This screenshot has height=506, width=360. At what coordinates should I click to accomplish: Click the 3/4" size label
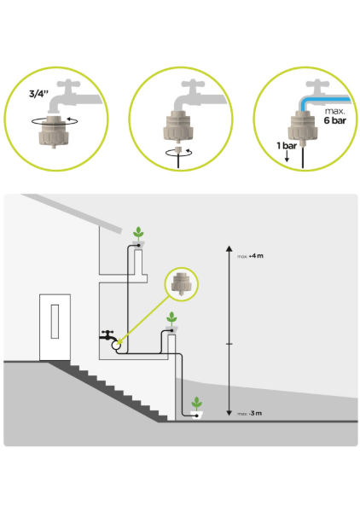click(x=38, y=94)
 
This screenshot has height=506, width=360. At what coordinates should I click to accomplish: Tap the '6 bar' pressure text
click(x=335, y=120)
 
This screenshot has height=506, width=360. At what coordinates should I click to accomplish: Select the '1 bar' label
click(x=287, y=146)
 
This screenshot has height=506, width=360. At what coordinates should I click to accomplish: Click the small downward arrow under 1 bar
click(x=287, y=156)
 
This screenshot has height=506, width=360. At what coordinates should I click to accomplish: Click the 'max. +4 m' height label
click(x=250, y=256)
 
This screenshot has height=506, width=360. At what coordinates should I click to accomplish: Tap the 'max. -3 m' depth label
click(x=249, y=413)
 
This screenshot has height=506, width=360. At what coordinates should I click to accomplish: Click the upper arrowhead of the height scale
click(x=229, y=248)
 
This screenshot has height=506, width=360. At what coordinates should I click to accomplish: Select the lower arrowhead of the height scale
click(x=229, y=413)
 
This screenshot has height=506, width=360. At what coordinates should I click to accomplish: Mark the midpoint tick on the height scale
click(x=229, y=344)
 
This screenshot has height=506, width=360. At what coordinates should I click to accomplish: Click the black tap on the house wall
click(x=107, y=335)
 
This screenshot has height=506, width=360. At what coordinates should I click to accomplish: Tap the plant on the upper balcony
click(x=138, y=233)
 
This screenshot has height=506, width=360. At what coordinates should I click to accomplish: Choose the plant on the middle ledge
click(x=171, y=319)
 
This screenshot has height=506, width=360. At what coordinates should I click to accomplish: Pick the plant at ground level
click(x=196, y=404)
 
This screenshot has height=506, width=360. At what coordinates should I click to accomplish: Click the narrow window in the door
click(x=55, y=322)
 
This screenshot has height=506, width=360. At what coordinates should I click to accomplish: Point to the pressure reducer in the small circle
click(x=182, y=284)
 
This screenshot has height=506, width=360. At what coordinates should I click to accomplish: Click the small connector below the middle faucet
click(x=177, y=150)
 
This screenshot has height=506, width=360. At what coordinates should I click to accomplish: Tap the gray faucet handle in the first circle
click(x=69, y=84)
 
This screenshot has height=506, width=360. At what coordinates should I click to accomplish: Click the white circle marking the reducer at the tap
click(x=116, y=346)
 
